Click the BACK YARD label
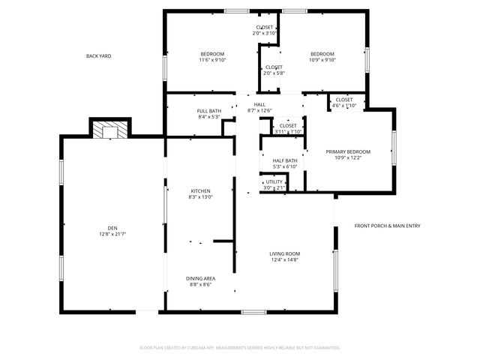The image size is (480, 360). tap(98, 56)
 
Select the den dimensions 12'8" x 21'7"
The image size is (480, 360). tap(112, 235)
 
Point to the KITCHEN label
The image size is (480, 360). tap(200, 190)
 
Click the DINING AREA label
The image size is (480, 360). tap(200, 278)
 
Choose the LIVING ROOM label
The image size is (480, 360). tap(285, 253)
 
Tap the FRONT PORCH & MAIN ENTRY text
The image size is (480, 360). tap(387, 226)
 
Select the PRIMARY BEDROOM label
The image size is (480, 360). tap(348, 151)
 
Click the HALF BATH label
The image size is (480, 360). tap(285, 160)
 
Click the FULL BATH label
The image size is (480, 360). tap(208, 111)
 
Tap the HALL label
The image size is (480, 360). tap(259, 104)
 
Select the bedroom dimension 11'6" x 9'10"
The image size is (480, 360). tap(212, 61)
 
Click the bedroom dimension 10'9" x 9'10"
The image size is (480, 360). tap(322, 61)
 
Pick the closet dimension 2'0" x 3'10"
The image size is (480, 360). tap(265, 33)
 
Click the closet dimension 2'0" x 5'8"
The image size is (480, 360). tap(274, 73)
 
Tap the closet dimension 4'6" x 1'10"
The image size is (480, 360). tap(344, 106)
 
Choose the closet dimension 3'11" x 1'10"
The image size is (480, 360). tap(288, 132)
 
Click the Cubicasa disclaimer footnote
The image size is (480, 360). tap(240, 347)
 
